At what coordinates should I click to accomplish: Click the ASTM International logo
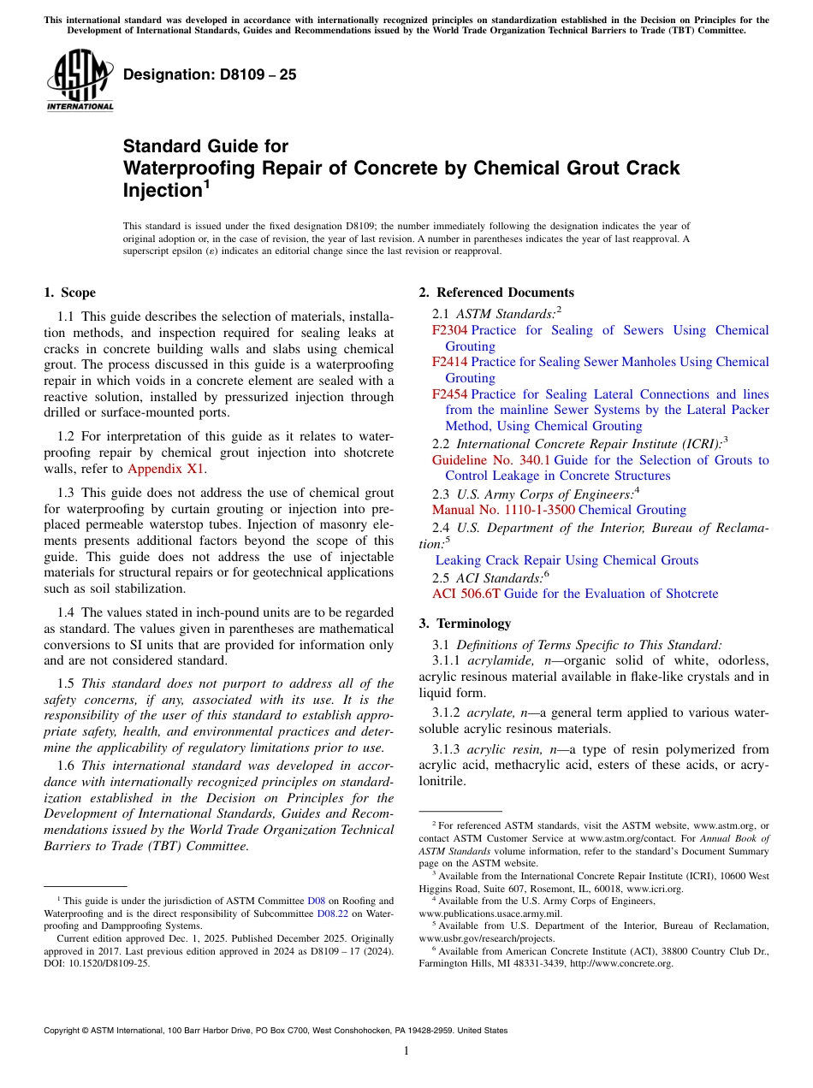(x=80, y=81)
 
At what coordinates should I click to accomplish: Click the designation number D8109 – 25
(x=210, y=74)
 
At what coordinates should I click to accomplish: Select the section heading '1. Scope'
(x=69, y=293)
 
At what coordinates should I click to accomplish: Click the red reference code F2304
(x=449, y=330)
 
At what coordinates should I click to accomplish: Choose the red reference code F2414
(x=449, y=362)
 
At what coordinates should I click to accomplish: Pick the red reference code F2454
(x=449, y=394)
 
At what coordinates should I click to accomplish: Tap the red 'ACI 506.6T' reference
(x=466, y=593)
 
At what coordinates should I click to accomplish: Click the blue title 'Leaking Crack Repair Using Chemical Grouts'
(x=567, y=560)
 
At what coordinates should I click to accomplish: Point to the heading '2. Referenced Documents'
(x=496, y=293)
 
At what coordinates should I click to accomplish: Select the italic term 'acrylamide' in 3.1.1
(x=496, y=660)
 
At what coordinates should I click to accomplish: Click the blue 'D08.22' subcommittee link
(x=332, y=913)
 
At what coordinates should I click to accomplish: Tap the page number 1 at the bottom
(x=406, y=1050)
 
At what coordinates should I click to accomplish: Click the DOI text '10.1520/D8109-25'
(x=110, y=962)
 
